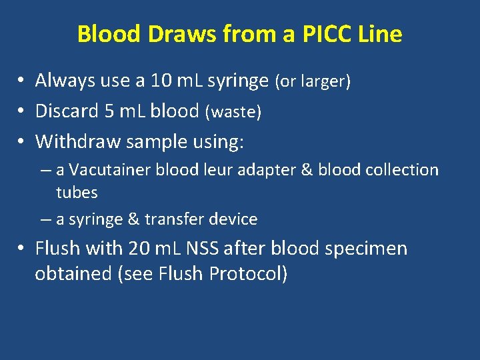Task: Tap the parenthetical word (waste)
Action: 233,112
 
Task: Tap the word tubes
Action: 77,193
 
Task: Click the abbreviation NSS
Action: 203,249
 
